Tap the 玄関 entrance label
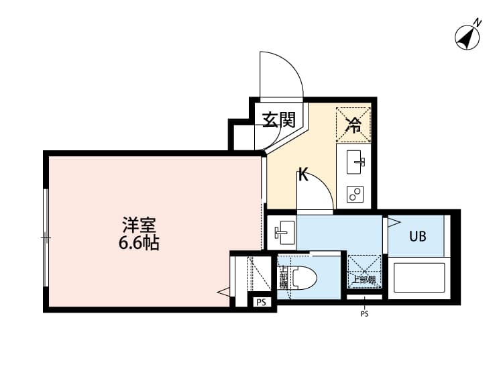[278, 120]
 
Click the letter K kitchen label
[302, 177]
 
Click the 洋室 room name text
[135, 224]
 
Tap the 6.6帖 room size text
[137, 243]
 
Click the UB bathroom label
[417, 236]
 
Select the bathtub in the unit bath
[418, 280]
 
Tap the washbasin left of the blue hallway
[282, 232]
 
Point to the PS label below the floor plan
[365, 313]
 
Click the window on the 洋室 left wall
[46, 237]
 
